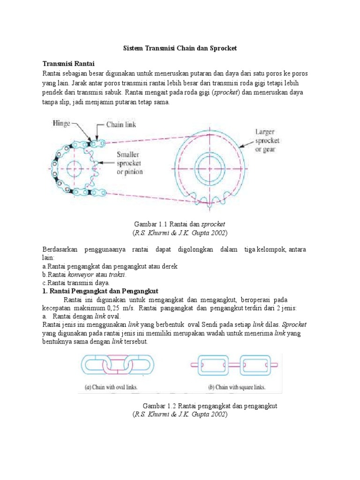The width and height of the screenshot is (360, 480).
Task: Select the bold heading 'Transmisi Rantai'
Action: [x=69, y=64]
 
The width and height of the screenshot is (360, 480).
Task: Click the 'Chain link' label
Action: [x=121, y=125]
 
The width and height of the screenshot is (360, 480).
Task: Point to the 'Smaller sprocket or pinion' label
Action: [x=129, y=163]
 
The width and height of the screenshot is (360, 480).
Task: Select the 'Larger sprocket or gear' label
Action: [x=267, y=140]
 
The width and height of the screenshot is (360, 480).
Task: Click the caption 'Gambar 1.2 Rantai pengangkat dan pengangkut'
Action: [x=210, y=406]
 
